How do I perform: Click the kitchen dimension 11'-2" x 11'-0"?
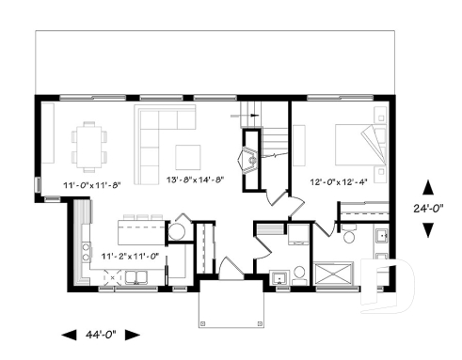(x=130, y=255)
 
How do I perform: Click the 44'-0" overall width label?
(x=102, y=334)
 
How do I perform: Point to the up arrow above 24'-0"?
(x=428, y=187)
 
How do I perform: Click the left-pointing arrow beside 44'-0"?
(x=69, y=334)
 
